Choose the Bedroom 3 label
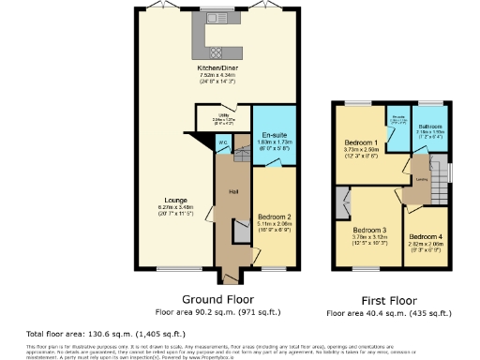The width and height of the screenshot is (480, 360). click(369, 230)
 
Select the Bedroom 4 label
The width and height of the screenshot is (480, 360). click(426, 235)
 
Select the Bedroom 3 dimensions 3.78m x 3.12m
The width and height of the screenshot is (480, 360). click(369, 239)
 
